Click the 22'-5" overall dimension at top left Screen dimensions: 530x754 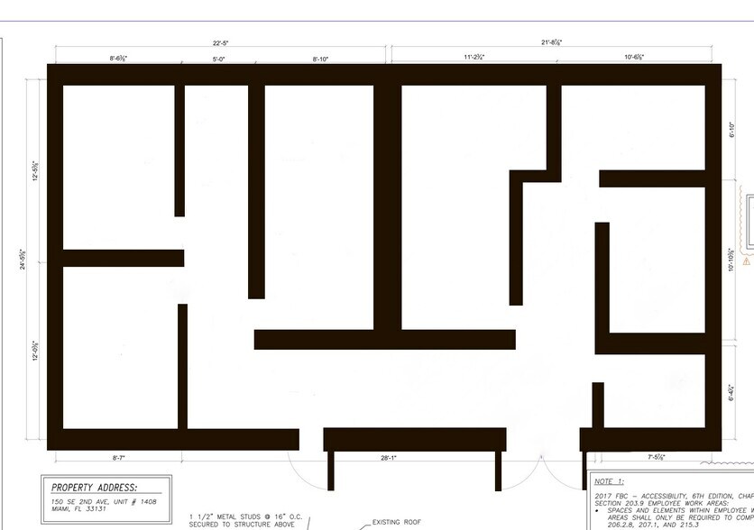click(x=220, y=42)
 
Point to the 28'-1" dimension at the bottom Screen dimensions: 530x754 click(x=389, y=458)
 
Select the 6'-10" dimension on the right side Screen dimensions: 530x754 click(x=732, y=129)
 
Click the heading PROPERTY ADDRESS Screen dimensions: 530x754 click(x=94, y=487)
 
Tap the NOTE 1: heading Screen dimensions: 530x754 click(x=611, y=482)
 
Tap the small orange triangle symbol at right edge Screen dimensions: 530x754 click(x=747, y=262)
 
